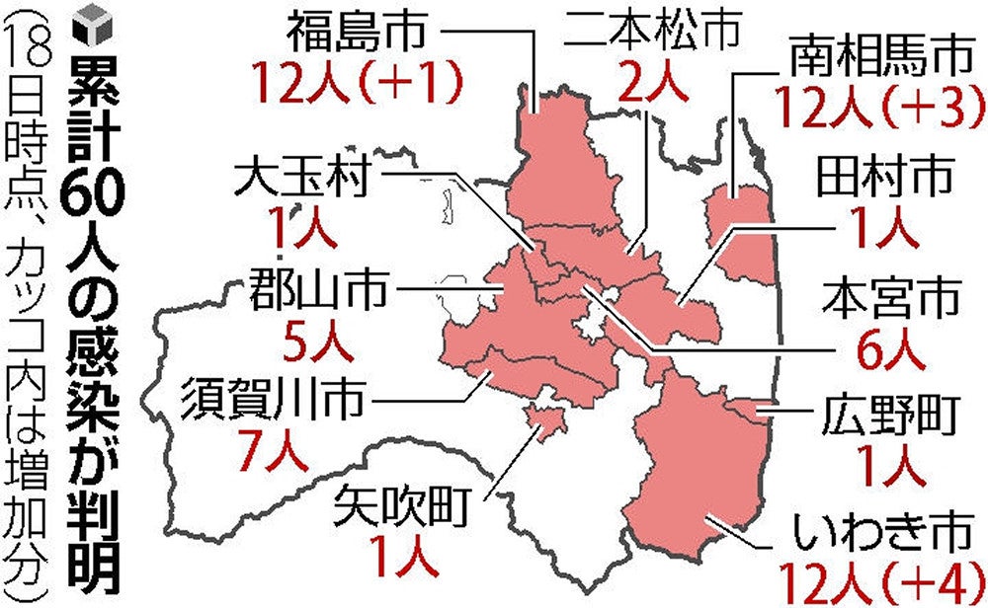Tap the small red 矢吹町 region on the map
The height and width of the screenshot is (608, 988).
[x=542, y=425]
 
